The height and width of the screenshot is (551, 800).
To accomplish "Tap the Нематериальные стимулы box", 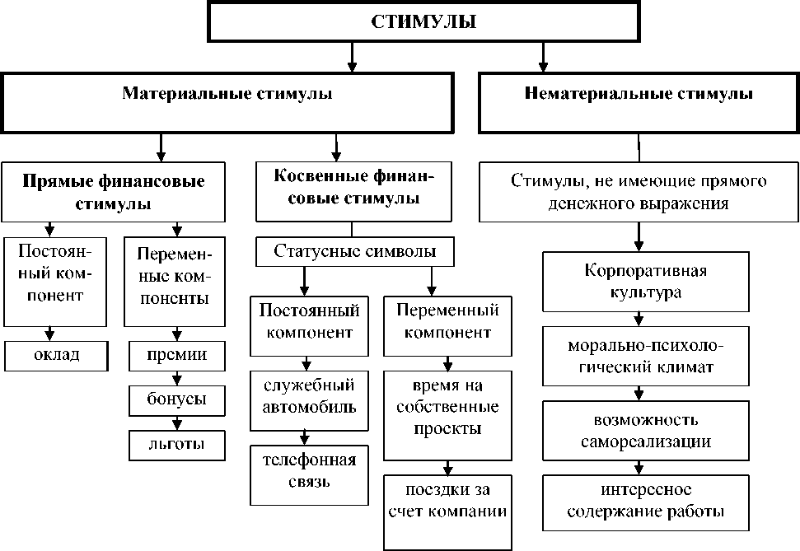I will (x=639, y=95).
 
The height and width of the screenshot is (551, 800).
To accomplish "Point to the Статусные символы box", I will (x=354, y=251).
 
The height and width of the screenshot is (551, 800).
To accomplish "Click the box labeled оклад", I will (x=57, y=354).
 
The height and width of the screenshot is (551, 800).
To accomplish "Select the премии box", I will (x=178, y=355).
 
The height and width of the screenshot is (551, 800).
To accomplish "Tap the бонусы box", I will (x=178, y=399).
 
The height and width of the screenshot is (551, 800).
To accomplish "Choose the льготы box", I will (x=178, y=444).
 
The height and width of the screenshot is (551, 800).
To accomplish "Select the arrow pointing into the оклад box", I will (x=51, y=334).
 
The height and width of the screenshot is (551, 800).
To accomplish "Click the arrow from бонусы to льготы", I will (x=175, y=423).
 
